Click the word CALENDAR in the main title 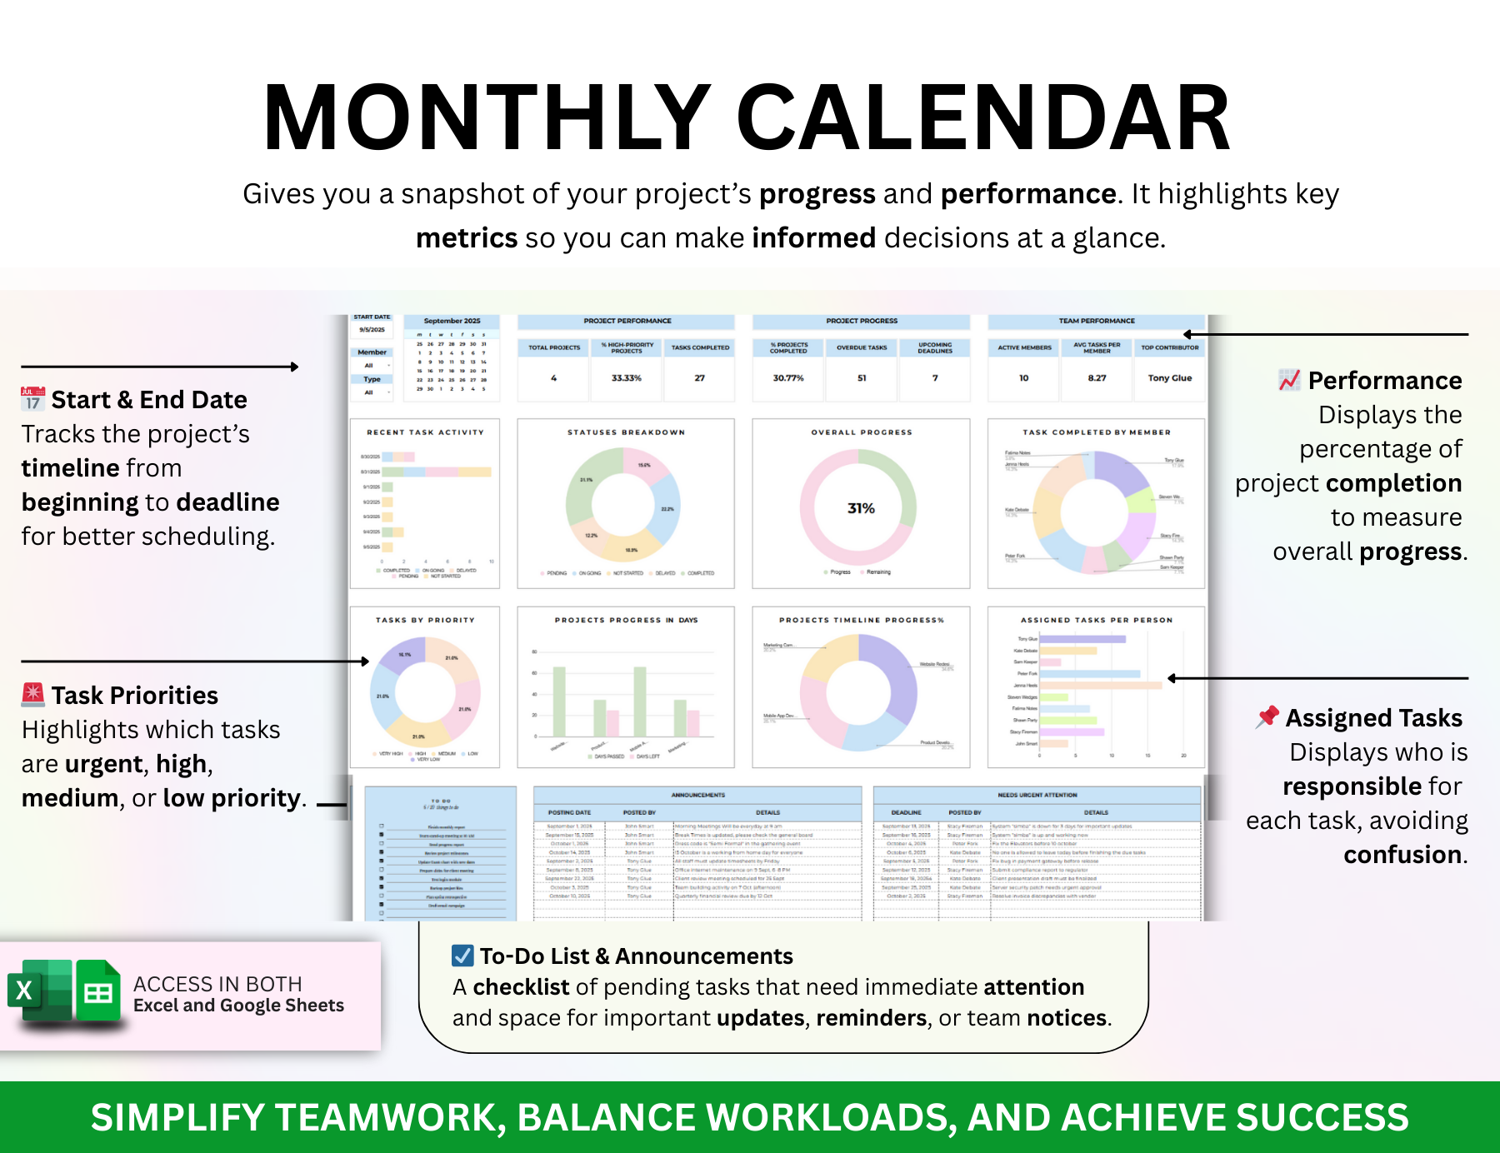[983, 118]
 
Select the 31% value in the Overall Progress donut [861, 508]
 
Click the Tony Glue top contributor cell [1169, 378]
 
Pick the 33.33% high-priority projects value [627, 378]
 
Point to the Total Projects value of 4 [553, 378]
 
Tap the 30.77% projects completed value [788, 378]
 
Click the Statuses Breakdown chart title [626, 432]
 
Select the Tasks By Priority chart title [425, 620]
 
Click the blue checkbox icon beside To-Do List [462, 956]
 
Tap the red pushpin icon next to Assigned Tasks [1267, 716]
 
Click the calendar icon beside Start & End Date [32, 398]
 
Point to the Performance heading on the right [1384, 381]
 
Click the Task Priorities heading [134, 696]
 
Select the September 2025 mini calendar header [452, 321]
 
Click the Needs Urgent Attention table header [1037, 795]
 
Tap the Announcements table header [697, 795]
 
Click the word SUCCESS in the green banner [1322, 1117]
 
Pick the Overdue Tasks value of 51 [862, 378]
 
